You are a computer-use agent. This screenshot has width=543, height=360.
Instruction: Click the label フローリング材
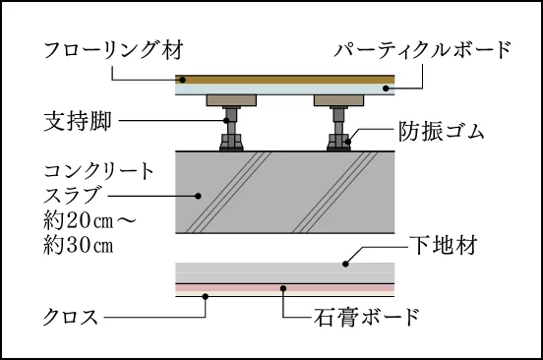pyautogui.click(x=113, y=50)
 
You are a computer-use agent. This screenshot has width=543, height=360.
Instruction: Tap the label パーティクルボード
pyautogui.click(x=422, y=50)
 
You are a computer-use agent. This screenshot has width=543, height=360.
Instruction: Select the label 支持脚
pyautogui.click(x=78, y=121)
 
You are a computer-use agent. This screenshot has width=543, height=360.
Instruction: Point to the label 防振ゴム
pyautogui.click(x=441, y=132)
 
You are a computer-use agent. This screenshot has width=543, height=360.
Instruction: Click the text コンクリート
pyautogui.click(x=98, y=171)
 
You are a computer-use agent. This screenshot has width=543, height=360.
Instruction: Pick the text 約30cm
pyautogui.click(x=79, y=246)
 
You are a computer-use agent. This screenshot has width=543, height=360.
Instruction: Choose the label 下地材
pyautogui.click(x=444, y=245)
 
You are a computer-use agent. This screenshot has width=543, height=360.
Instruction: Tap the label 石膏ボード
pyautogui.click(x=367, y=317)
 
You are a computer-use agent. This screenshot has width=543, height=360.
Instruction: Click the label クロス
pyautogui.click(x=70, y=317)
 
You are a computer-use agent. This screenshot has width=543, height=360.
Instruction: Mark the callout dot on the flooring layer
pyautogui.click(x=183, y=80)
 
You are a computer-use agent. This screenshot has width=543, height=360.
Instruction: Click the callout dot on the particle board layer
pyautogui.click(x=386, y=89)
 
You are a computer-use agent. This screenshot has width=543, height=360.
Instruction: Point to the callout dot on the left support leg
pyautogui.click(x=226, y=120)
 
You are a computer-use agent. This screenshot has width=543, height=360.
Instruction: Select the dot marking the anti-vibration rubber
pyautogui.click(x=348, y=142)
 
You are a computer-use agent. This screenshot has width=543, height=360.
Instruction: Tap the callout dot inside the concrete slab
pyautogui.click(x=198, y=196)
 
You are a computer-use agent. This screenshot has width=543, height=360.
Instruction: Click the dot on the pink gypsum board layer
pyautogui.click(x=283, y=288)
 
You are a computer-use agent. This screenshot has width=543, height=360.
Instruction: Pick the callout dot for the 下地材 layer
pyautogui.click(x=345, y=264)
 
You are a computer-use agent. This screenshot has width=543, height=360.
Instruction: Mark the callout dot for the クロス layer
pyautogui.click(x=206, y=296)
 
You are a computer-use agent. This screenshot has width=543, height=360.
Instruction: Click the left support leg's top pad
pyautogui.click(x=231, y=100)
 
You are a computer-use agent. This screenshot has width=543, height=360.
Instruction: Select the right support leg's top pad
pyautogui.click(x=338, y=100)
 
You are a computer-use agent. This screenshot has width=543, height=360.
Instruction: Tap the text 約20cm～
pyautogui.click(x=90, y=220)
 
